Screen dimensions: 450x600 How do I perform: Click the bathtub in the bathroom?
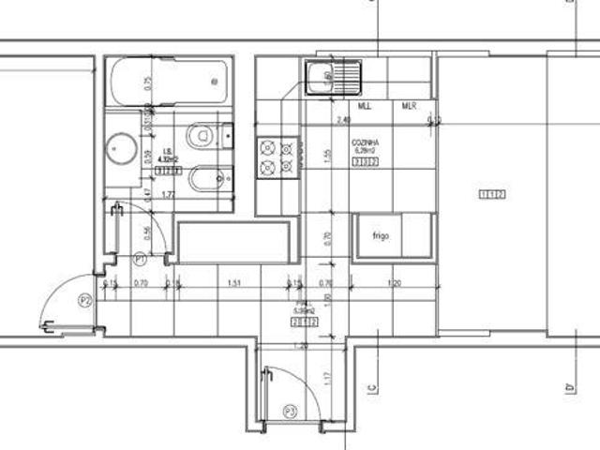click(x=169, y=84)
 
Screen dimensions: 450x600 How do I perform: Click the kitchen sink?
click(x=333, y=76)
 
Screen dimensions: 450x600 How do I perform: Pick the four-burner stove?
click(x=277, y=157)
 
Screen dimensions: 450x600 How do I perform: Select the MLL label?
click(x=365, y=106)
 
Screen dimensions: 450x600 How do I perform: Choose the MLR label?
click(x=409, y=106)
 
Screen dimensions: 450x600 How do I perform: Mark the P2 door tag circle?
click(x=84, y=300)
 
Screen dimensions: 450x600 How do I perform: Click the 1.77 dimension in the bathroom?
click(x=171, y=194)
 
